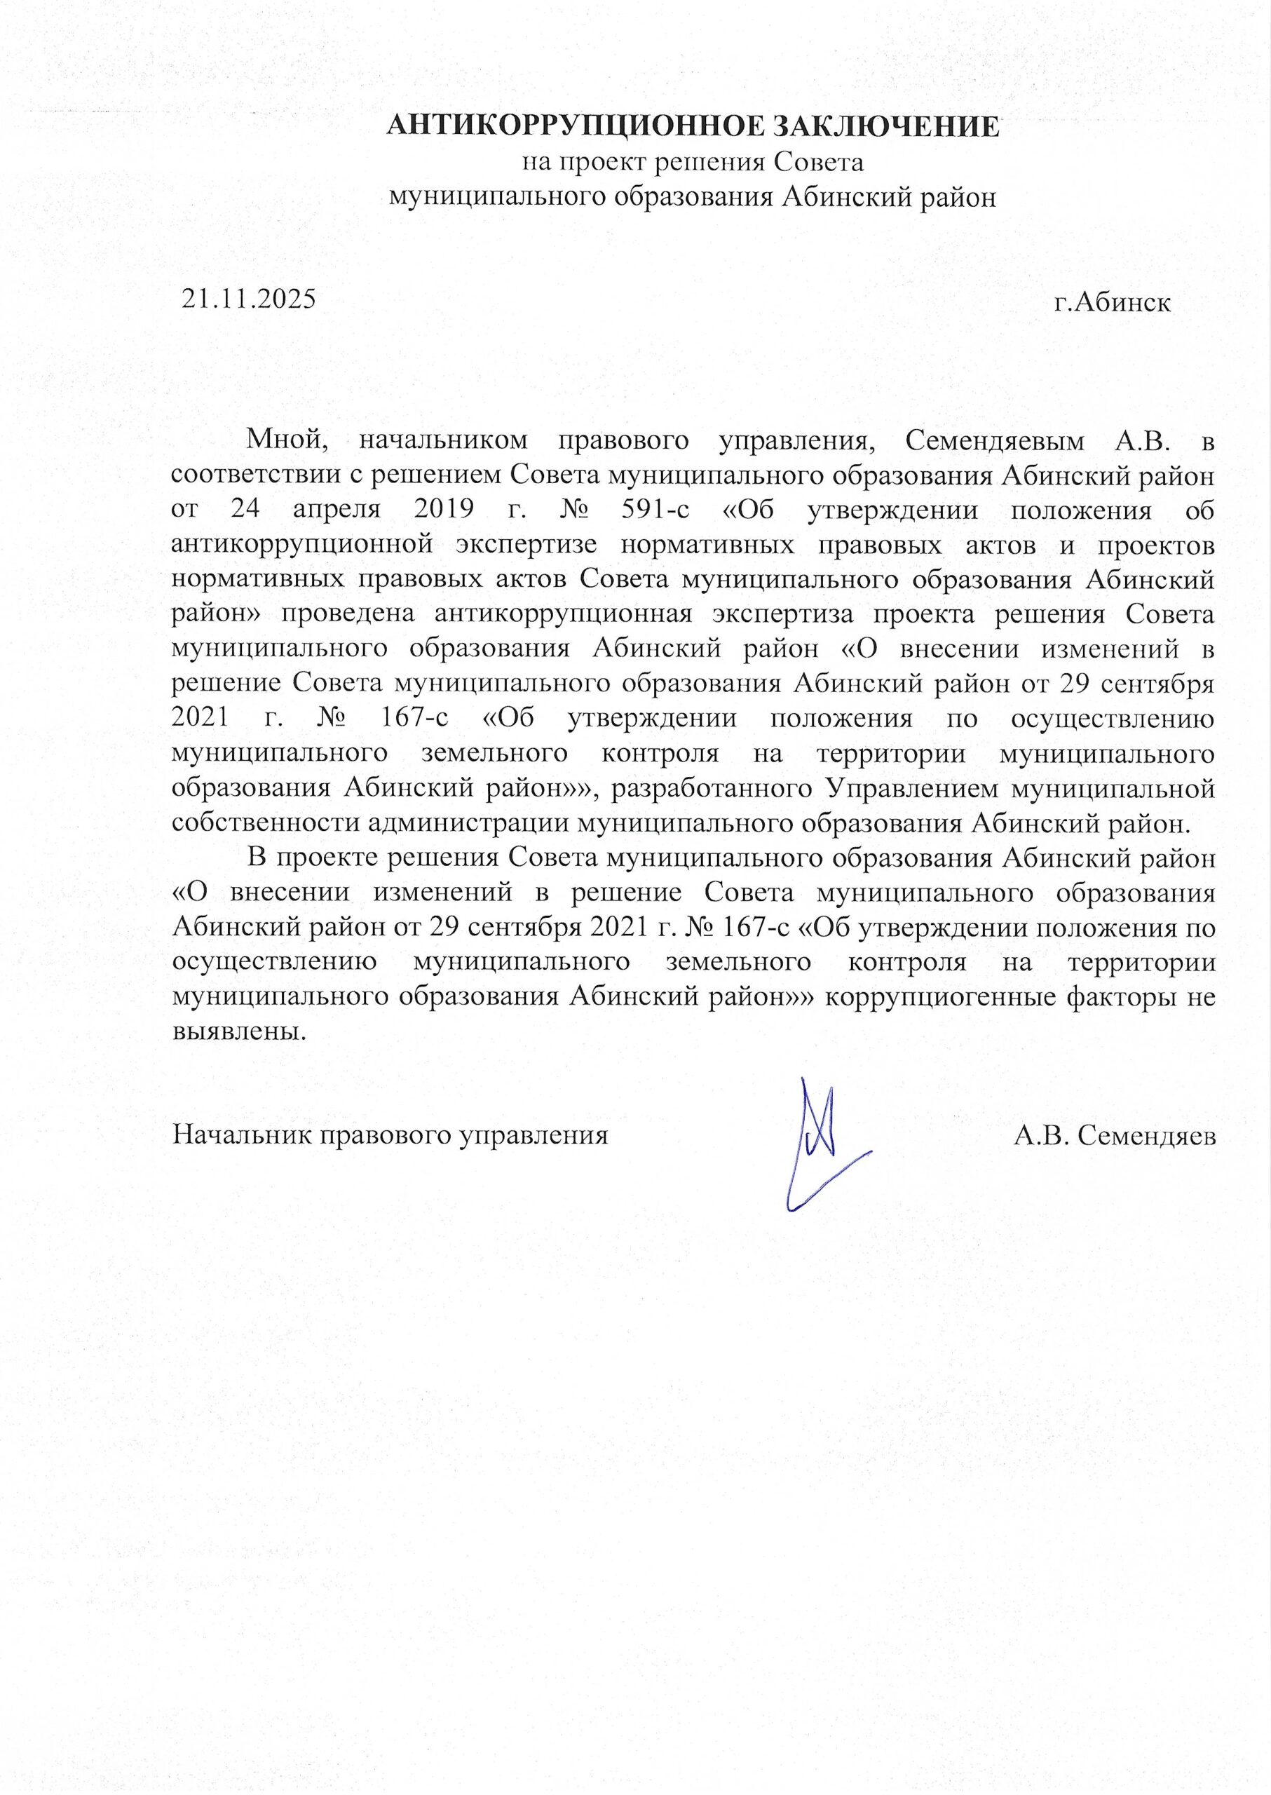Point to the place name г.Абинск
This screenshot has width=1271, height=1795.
click(1112, 303)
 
